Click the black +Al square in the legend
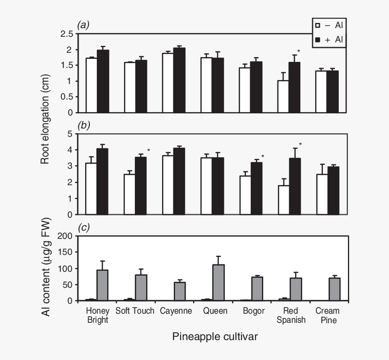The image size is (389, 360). (318, 39)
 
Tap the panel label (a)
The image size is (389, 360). (83, 26)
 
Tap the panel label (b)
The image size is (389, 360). (83, 126)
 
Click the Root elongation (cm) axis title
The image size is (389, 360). (45, 119)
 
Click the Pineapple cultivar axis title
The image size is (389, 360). (215, 337)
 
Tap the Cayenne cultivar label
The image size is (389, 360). (176, 311)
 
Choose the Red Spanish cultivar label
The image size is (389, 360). (292, 315)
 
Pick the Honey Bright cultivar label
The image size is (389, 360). (98, 315)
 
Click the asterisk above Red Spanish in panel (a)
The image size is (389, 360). (298, 51)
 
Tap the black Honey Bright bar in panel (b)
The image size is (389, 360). (102, 181)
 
